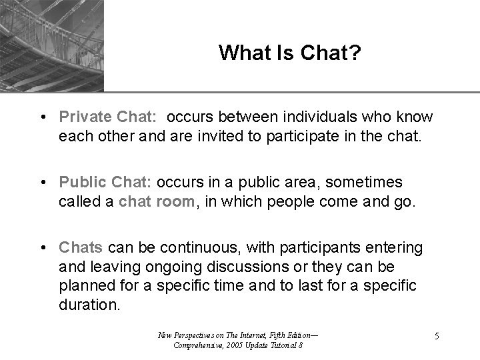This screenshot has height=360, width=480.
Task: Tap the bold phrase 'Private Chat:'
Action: [x=107, y=117]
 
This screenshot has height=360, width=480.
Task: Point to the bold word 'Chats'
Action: [x=81, y=248]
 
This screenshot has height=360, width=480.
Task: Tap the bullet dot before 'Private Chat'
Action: [x=42, y=117]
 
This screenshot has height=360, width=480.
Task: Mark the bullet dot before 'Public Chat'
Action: [x=42, y=183]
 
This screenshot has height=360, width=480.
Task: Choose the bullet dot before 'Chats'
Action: [x=42, y=249]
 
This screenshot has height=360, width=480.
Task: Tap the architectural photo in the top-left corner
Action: [x=52, y=45]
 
